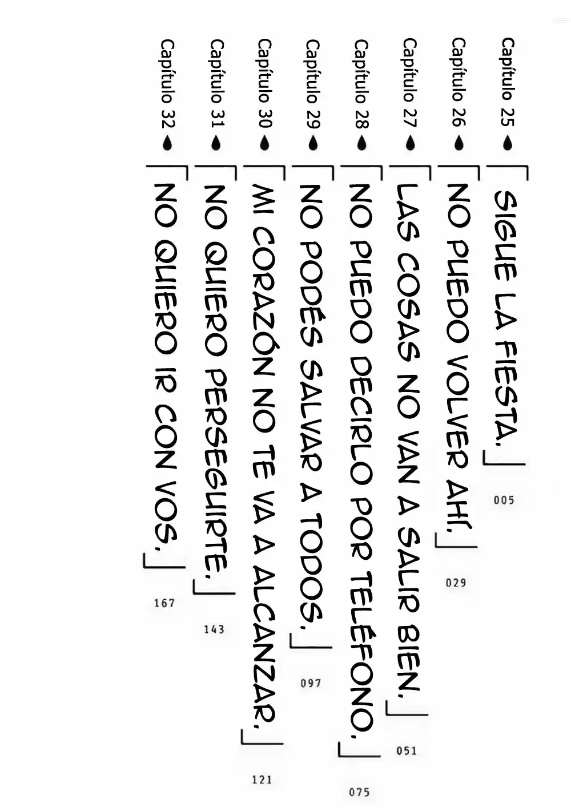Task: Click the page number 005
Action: pos(504,500)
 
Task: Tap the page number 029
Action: pos(456,583)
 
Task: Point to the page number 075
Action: pos(359,792)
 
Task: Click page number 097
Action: pos(311,683)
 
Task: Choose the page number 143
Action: pos(214,629)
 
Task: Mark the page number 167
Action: pos(164,603)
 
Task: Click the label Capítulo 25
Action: pos(507,82)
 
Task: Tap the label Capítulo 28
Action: pos(361,84)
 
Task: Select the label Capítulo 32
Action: pos(167,84)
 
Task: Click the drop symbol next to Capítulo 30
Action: pos(265,143)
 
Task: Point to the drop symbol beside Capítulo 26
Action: pos(459,143)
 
